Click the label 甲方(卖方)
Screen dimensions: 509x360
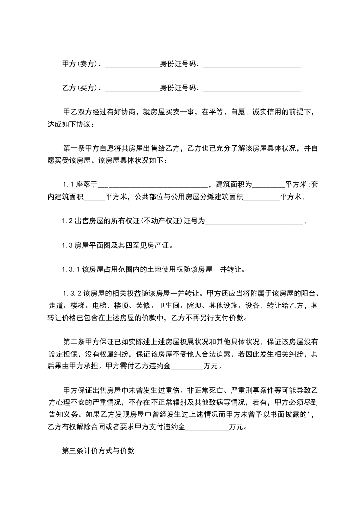coord(79,64)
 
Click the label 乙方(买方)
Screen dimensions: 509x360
coord(79,88)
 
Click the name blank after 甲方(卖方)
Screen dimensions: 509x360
coord(132,65)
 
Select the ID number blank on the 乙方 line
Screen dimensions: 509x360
coord(252,88)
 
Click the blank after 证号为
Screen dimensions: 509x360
coord(254,221)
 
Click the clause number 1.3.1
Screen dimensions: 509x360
coord(71,269)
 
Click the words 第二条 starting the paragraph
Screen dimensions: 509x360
coord(72,341)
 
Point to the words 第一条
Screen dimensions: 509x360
coord(72,147)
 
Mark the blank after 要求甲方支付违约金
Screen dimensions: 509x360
coord(207,427)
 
